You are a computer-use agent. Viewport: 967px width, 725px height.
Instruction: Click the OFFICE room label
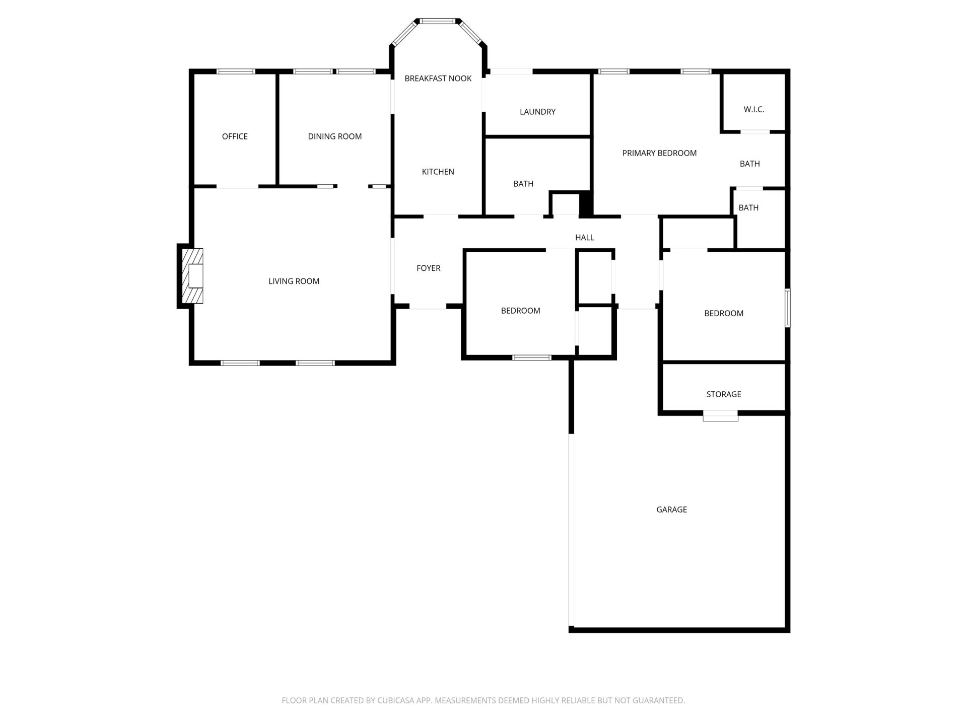pyautogui.click(x=235, y=136)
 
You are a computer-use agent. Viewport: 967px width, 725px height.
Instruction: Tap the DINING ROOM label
pyautogui.click(x=335, y=136)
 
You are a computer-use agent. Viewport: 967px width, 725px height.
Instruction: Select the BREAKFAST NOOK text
pyautogui.click(x=438, y=79)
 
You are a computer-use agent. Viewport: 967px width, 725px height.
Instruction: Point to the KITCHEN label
pyautogui.click(x=438, y=172)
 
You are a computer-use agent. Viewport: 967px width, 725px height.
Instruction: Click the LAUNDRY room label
pyautogui.click(x=537, y=112)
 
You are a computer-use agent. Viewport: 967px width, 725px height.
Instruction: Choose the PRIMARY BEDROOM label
pyautogui.click(x=659, y=153)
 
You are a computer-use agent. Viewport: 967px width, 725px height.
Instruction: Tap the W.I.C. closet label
pyautogui.click(x=754, y=109)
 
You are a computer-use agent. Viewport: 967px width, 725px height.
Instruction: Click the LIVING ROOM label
pyautogui.click(x=294, y=281)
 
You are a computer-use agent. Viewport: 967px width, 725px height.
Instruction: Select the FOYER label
pyautogui.click(x=429, y=268)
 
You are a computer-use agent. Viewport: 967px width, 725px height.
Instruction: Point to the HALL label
pyautogui.click(x=585, y=238)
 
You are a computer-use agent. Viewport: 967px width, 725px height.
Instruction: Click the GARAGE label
pyautogui.click(x=671, y=510)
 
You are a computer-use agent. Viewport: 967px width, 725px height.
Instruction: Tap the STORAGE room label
pyautogui.click(x=724, y=394)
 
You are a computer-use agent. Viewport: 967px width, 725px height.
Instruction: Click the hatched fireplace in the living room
pyautogui.click(x=192, y=276)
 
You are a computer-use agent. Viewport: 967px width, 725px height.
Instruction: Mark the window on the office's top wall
pyautogui.click(x=236, y=71)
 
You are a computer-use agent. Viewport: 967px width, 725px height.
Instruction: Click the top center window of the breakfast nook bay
pyautogui.click(x=438, y=21)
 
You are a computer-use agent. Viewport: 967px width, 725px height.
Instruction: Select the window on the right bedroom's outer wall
pyautogui.click(x=788, y=308)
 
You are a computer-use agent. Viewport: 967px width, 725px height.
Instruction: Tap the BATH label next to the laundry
pyautogui.click(x=523, y=184)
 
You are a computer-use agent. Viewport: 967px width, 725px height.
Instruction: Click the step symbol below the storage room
pyautogui.click(x=720, y=416)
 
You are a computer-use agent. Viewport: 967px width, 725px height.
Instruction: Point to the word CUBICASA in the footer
pyautogui.click(x=396, y=700)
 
